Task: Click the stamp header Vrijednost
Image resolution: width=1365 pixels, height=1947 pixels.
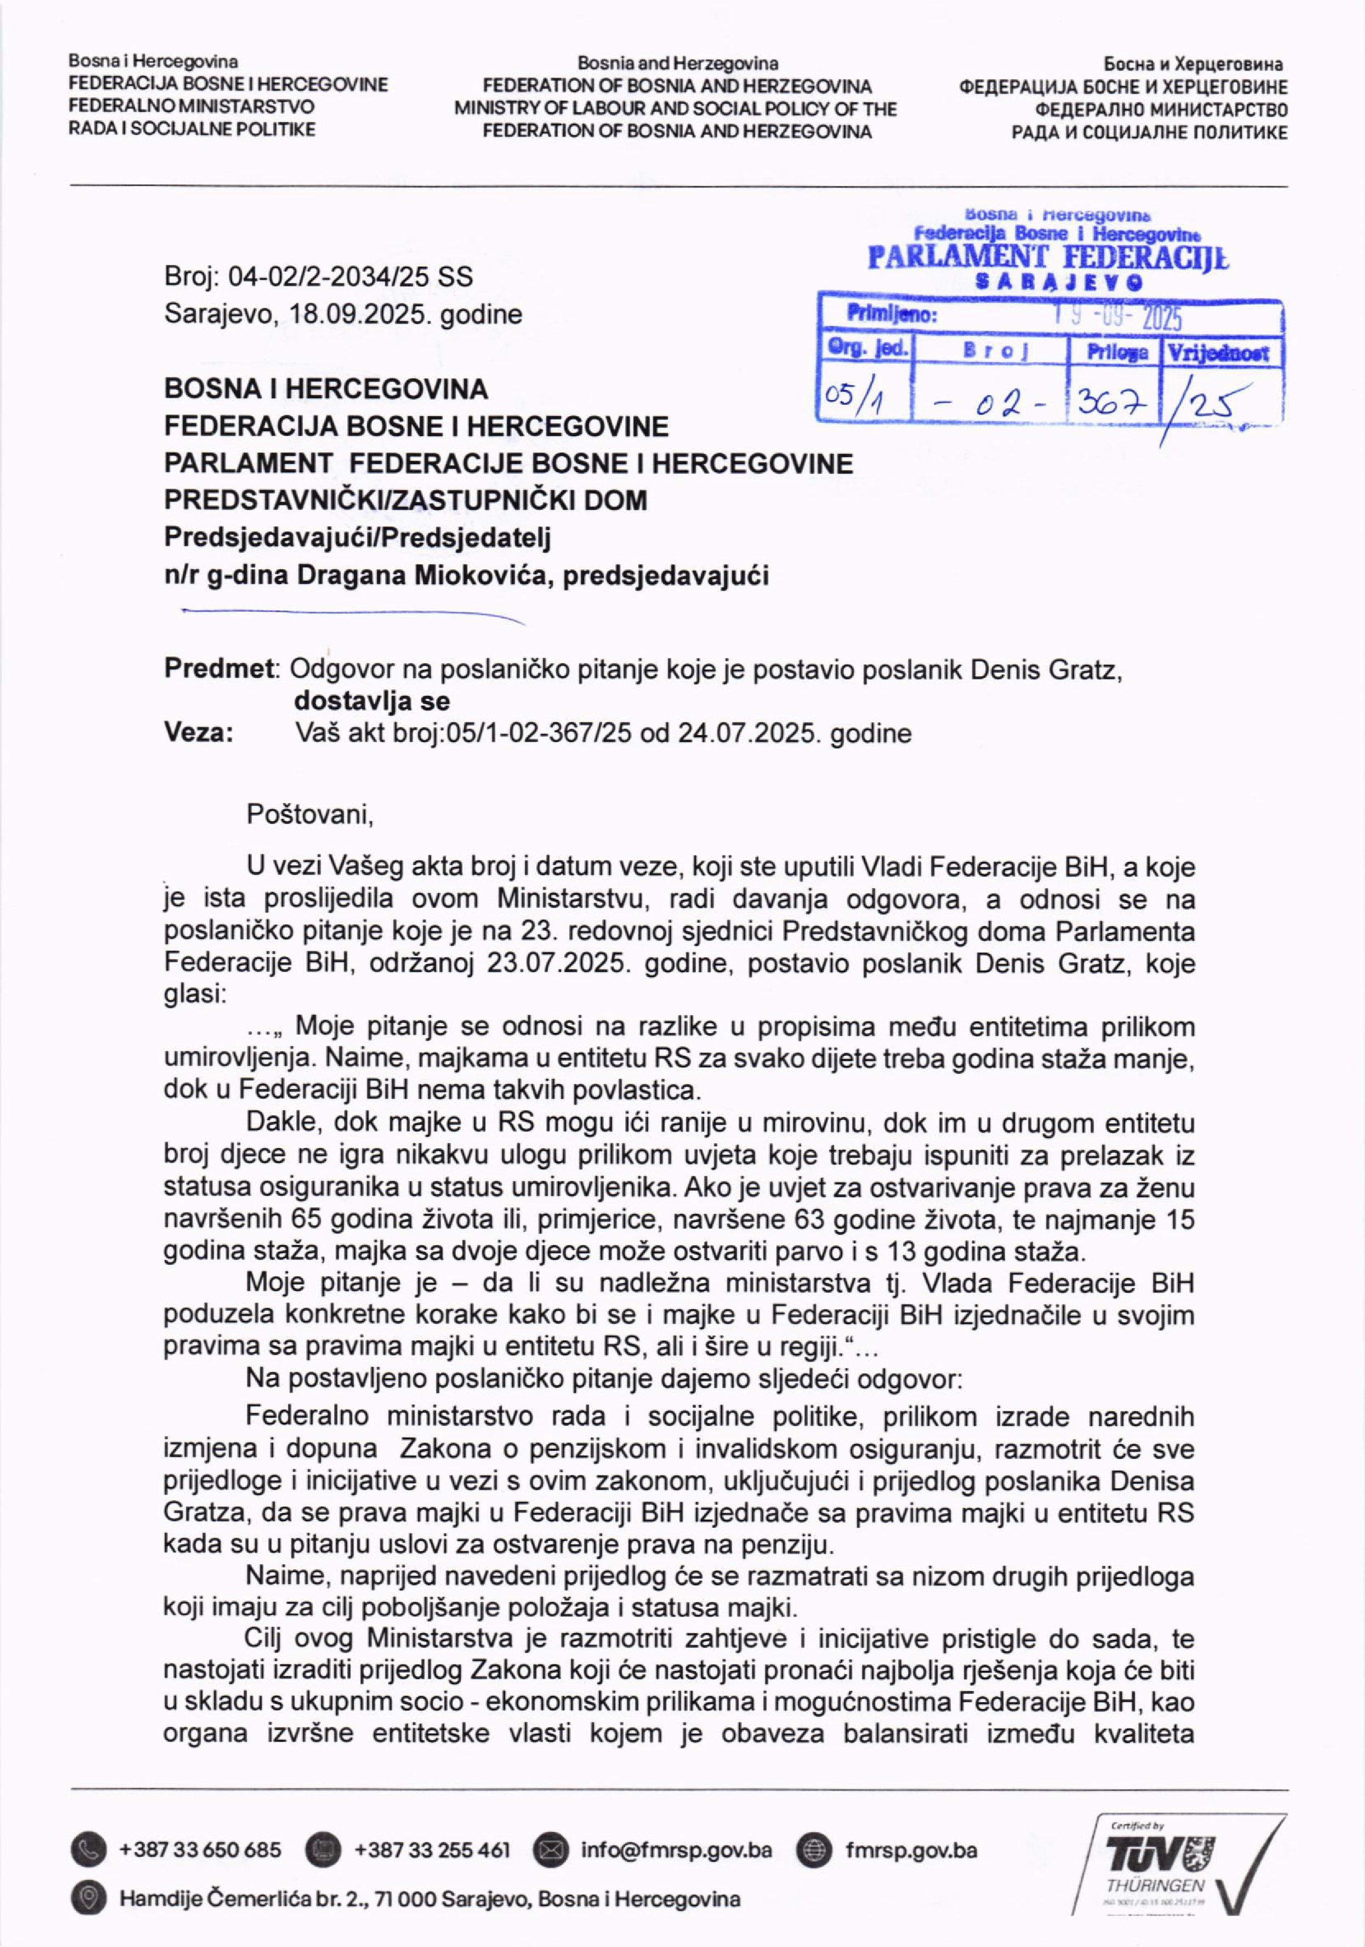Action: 1221,353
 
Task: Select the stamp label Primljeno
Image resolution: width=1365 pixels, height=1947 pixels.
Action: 891,316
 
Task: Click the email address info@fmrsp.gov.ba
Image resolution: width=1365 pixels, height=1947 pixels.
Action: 676,1849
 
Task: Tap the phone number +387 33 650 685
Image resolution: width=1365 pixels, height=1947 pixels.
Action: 201,1849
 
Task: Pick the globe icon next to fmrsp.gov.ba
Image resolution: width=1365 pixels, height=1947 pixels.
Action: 815,1849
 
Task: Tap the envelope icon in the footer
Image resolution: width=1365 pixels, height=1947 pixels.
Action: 551,1849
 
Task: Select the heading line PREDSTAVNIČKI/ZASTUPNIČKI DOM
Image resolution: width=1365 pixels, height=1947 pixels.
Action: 405,500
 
